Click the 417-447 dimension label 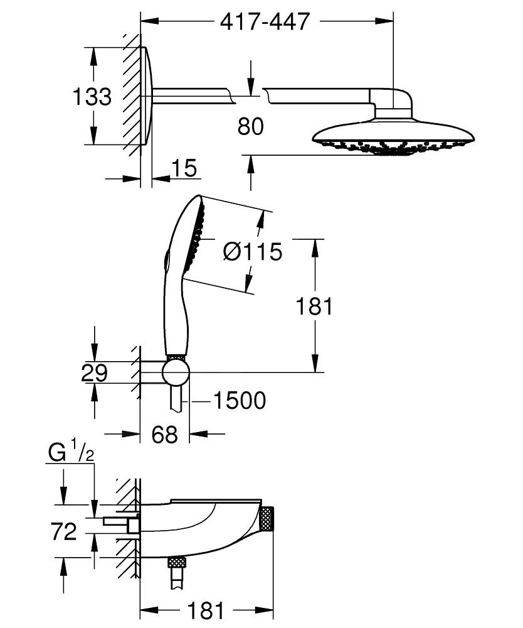[x=265, y=21]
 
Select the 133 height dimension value [x=92, y=97]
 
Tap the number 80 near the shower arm [x=251, y=126]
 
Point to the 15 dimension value [x=183, y=168]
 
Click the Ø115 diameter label [x=253, y=252]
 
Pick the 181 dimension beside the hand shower [x=314, y=306]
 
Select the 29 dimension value [x=94, y=373]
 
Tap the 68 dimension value [x=164, y=435]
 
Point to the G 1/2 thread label [x=70, y=453]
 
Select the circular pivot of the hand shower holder [x=176, y=372]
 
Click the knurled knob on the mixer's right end [x=267, y=519]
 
